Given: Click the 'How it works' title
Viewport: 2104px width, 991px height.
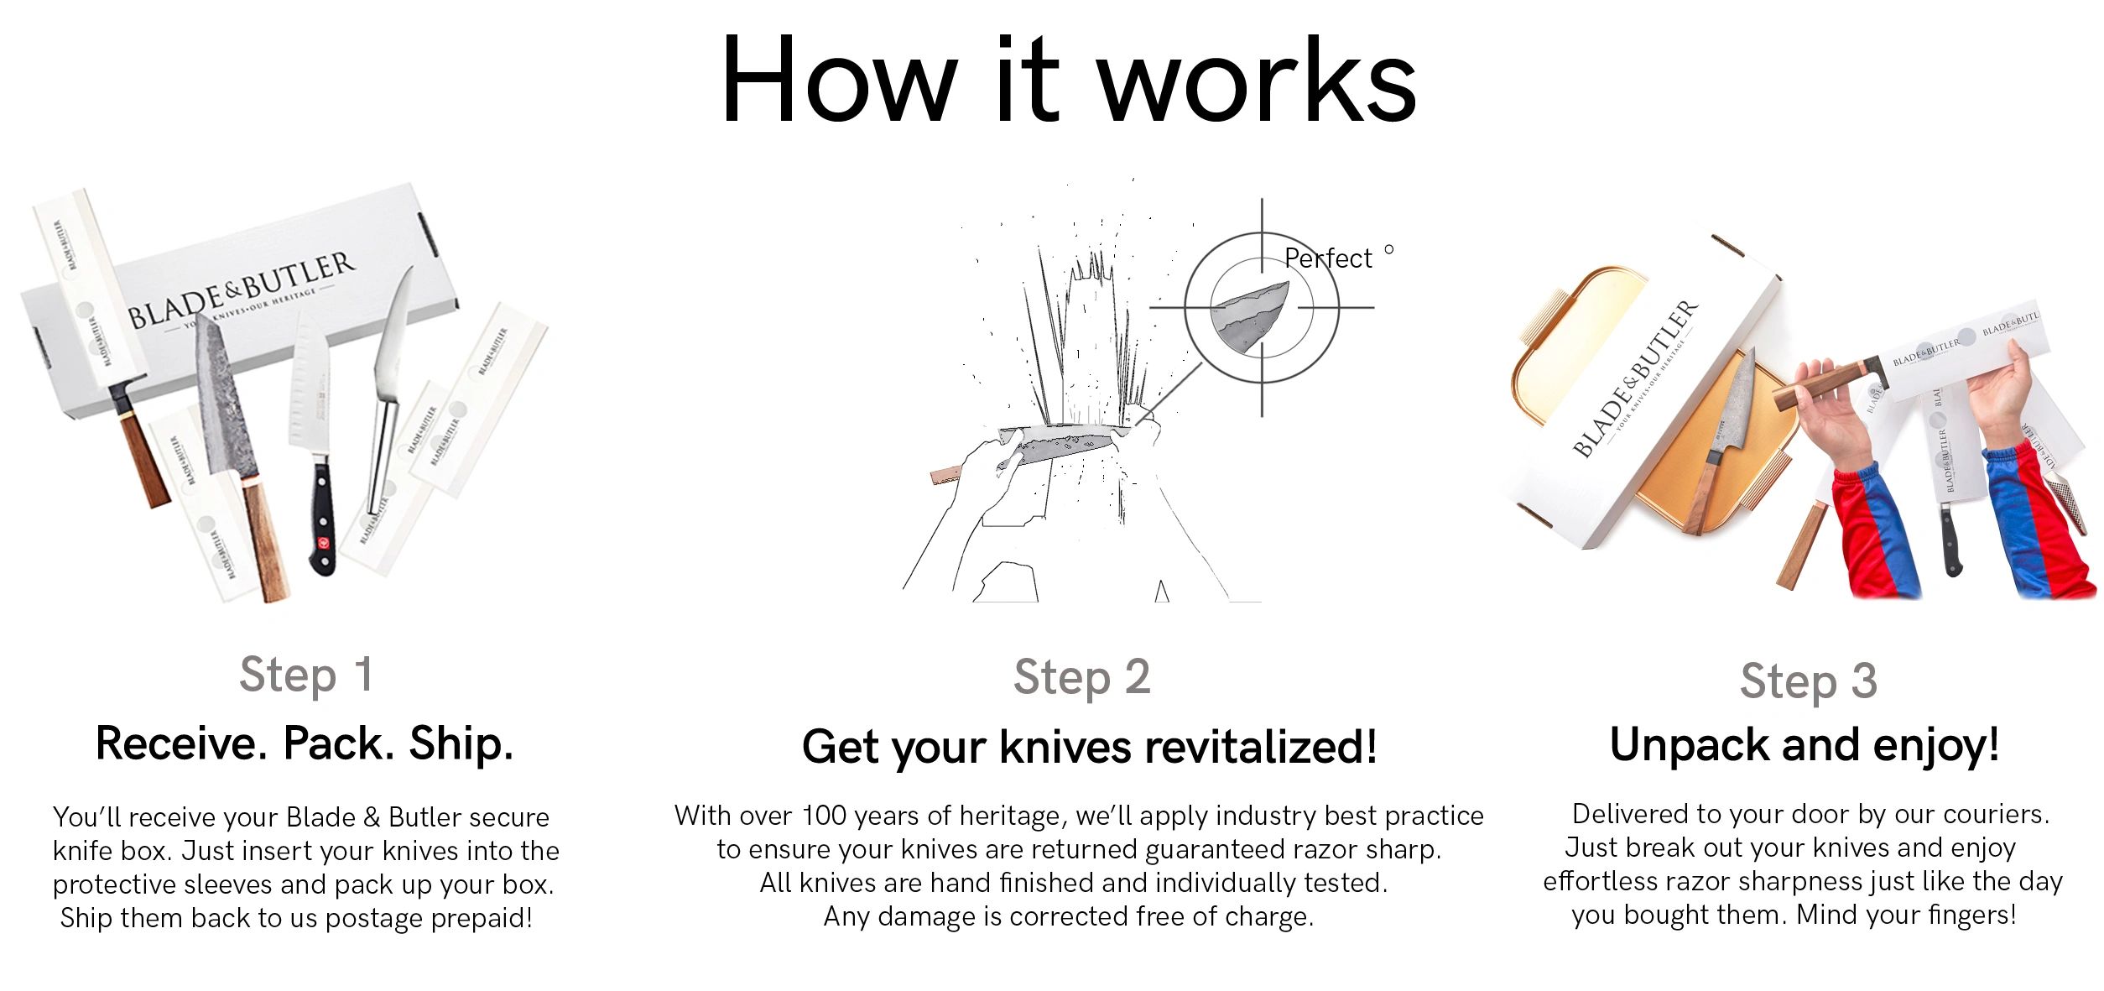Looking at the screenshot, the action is pos(1068,81).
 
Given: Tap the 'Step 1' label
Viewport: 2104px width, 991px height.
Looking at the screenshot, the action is pos(306,675).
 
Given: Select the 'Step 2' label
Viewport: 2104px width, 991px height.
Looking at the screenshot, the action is pos(1081,677).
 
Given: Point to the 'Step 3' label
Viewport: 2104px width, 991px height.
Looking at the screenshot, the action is pos(1808,681).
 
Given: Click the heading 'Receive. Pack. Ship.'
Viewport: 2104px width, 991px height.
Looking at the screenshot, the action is pos(305,743).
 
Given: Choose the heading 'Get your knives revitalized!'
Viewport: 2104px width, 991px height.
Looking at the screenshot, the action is pos(1089,746).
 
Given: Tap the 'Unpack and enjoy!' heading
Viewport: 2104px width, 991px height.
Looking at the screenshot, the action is pos(1805,744).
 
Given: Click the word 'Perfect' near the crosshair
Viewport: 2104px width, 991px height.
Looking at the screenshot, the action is pos(1328,258).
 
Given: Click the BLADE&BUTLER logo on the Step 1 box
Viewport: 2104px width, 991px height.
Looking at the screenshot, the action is pos(242,289).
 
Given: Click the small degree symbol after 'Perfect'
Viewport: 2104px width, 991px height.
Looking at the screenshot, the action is pos(1388,249).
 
